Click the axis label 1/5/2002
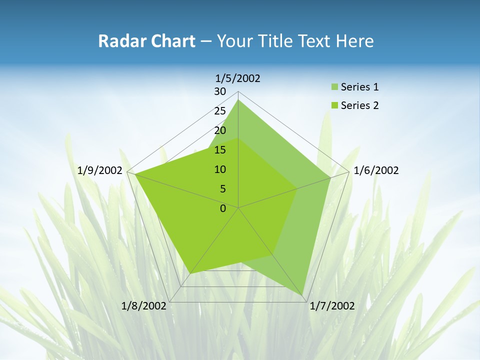(x=237, y=78)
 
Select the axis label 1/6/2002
(x=376, y=170)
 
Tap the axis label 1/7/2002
(x=332, y=306)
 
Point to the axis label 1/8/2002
(x=144, y=306)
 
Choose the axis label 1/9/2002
(x=100, y=170)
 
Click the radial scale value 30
(x=220, y=91)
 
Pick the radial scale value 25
(x=220, y=111)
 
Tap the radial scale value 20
(x=220, y=130)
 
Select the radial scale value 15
(x=220, y=150)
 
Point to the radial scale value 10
(x=220, y=169)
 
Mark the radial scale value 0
(x=223, y=208)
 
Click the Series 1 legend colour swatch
(x=334, y=87)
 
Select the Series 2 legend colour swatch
(x=334, y=105)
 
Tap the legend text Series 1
(x=359, y=87)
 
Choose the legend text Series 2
(x=359, y=105)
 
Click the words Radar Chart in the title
(x=146, y=41)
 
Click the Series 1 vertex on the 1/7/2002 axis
(x=303, y=295)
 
